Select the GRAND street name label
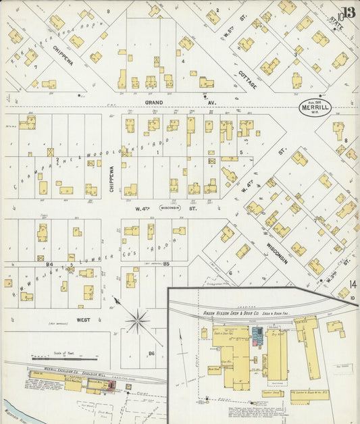tap(154, 103)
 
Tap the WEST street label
tap(84, 319)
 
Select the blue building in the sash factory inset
tap(257, 334)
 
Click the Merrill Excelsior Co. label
tap(51, 370)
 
